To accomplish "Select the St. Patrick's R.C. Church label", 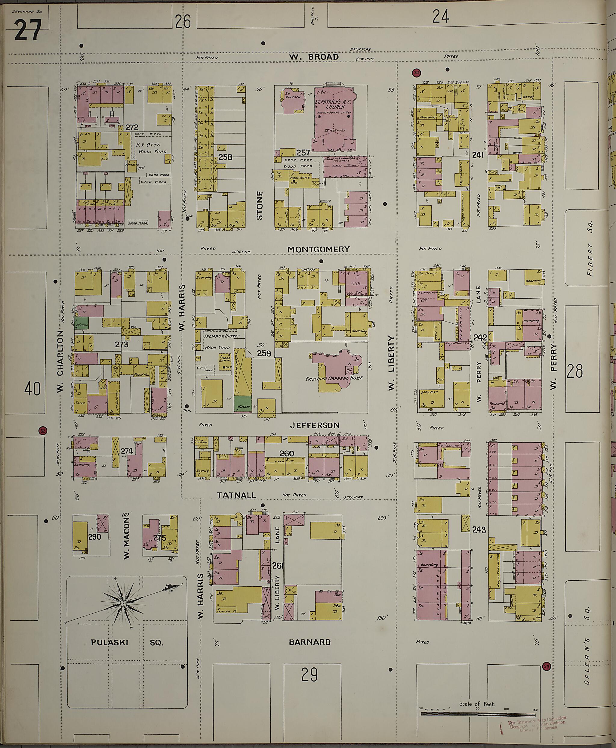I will (330, 105).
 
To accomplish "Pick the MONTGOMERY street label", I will (318, 249).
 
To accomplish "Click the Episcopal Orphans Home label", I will (334, 378).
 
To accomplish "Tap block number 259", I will (264, 353).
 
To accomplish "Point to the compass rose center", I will (123, 603).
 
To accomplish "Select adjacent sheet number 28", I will (574, 372).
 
